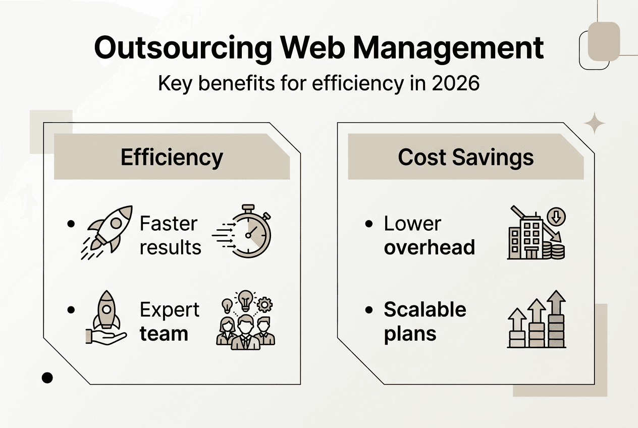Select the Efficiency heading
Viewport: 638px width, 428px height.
(x=172, y=157)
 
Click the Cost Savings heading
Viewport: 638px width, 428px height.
(x=466, y=157)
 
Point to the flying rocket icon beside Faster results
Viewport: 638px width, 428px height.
(x=107, y=232)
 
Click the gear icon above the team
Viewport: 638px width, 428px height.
(x=264, y=305)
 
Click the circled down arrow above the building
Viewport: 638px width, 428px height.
(x=556, y=217)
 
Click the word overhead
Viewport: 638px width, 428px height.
(x=429, y=247)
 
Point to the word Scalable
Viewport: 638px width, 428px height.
(x=425, y=309)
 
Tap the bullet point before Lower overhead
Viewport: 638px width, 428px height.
(x=369, y=224)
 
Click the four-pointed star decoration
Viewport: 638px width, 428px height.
(x=595, y=123)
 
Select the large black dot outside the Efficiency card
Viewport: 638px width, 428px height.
(x=47, y=378)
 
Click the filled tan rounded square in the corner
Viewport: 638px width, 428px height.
(x=604, y=41)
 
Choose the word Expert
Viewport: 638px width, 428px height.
(x=170, y=310)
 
